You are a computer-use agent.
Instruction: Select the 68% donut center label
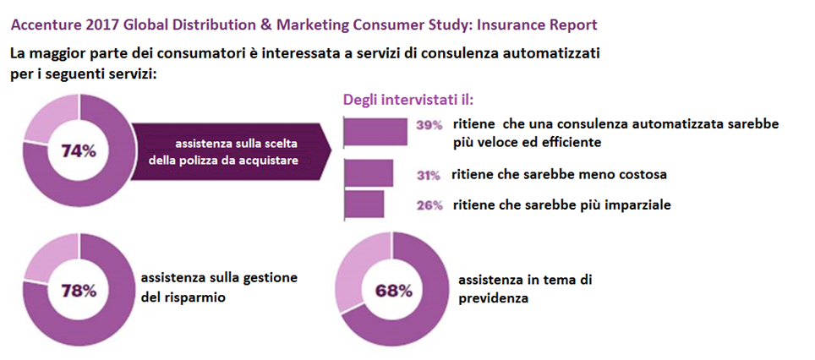[x=393, y=291]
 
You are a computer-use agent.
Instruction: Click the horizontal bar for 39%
[x=375, y=131]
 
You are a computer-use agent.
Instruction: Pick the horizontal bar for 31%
[x=369, y=173]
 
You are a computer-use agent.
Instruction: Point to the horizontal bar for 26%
[x=364, y=204]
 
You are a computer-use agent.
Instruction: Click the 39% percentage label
[x=429, y=124]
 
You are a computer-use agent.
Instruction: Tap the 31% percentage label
[x=429, y=175]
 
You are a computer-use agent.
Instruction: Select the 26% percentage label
[x=429, y=204]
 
